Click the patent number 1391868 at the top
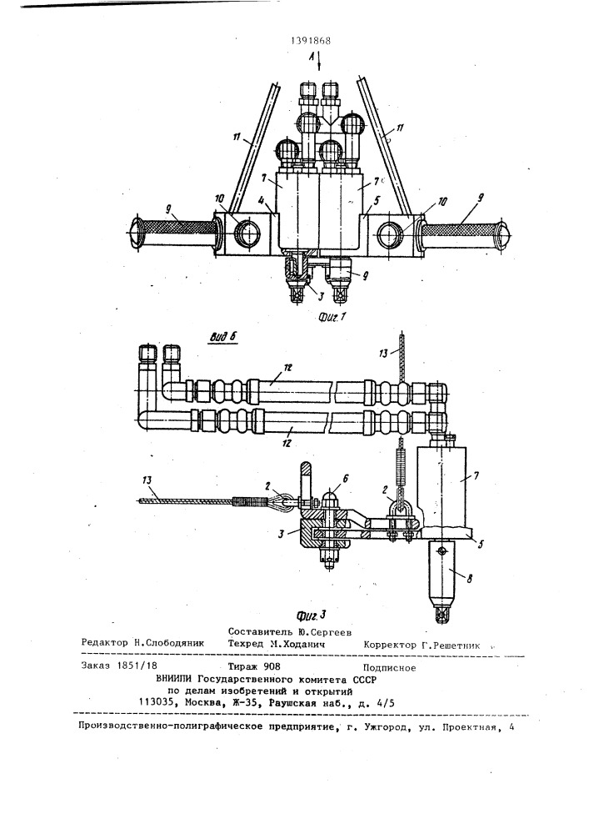312,41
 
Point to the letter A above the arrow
312,56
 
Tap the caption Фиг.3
312,616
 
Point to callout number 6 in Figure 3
345,479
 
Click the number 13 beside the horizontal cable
147,480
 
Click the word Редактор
105,642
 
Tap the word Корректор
390,646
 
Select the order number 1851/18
136,666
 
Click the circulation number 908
272,666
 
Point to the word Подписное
389,668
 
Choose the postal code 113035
156,702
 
